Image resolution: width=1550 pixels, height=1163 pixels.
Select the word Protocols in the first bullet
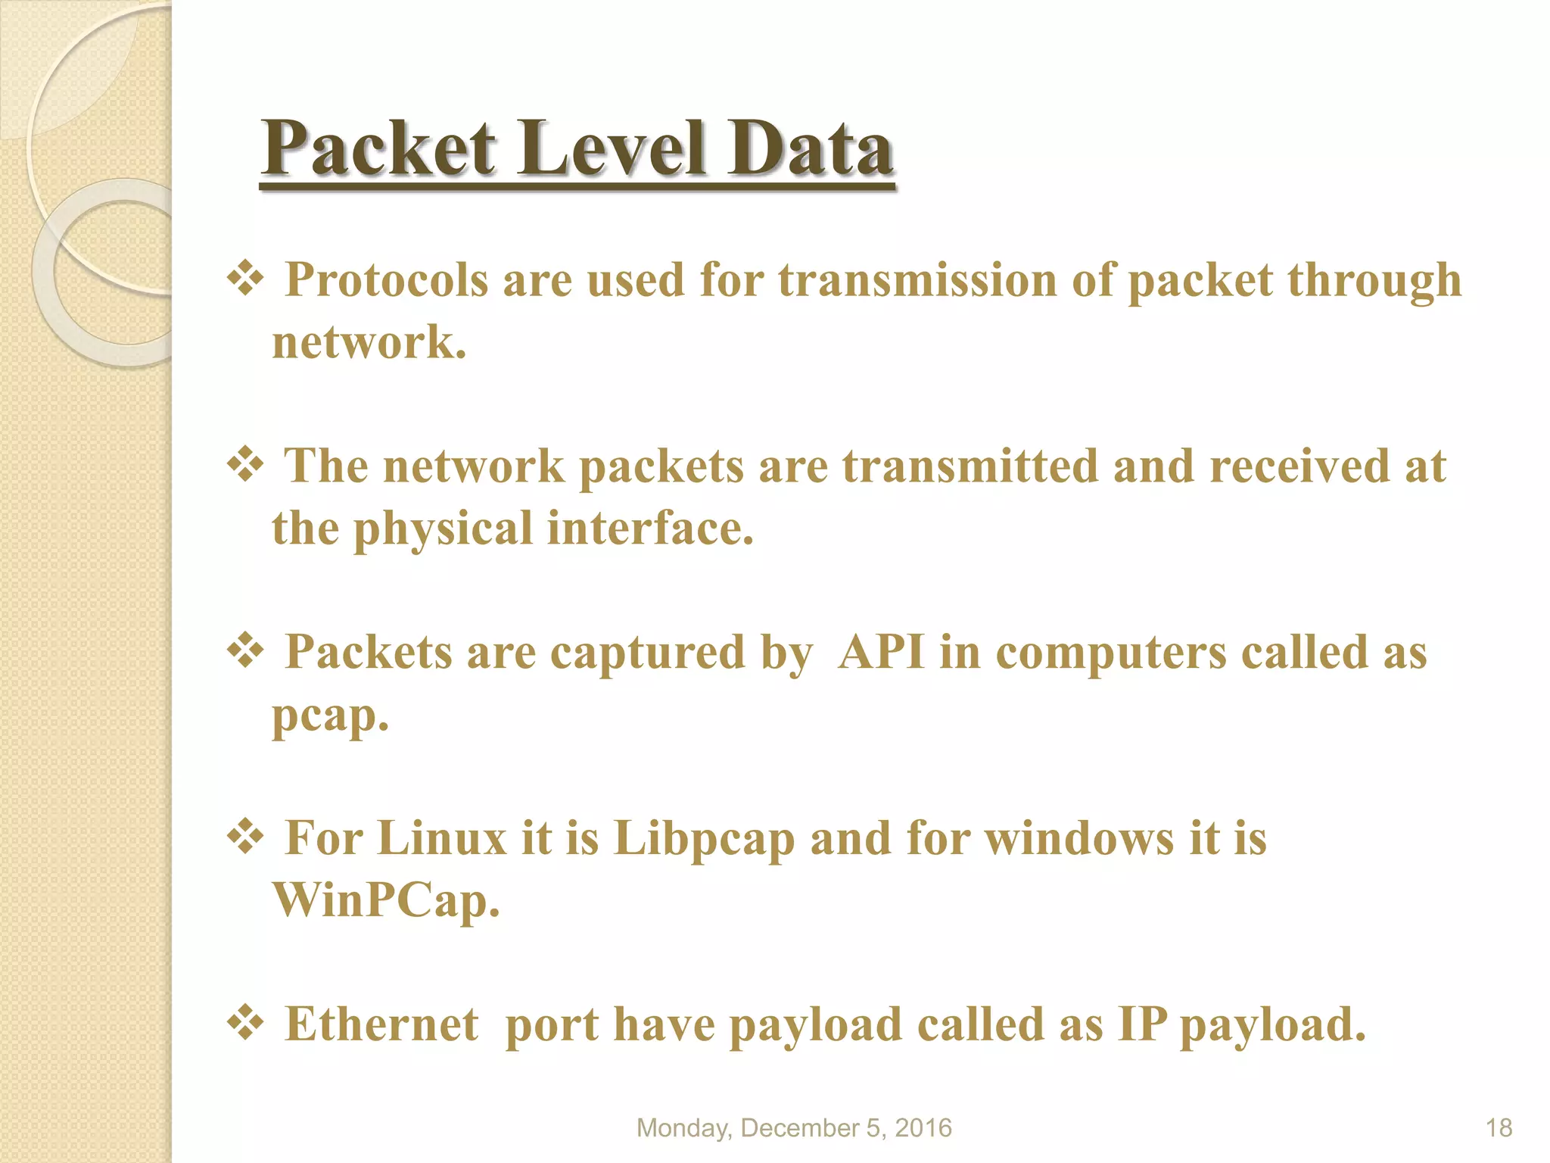387,280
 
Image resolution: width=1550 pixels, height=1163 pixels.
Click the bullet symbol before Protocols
245,279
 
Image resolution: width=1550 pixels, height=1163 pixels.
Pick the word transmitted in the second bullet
970,466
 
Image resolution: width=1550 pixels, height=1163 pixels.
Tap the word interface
650,528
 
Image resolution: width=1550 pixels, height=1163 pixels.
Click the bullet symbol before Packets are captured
245,650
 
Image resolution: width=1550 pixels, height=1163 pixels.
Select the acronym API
881,652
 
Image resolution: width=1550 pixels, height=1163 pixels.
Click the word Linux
442,838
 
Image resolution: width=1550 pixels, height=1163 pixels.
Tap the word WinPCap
385,901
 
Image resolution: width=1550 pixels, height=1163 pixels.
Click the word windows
1079,838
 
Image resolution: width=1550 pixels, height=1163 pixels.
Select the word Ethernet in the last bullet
381,1024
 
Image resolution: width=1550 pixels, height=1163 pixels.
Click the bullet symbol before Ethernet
245,1023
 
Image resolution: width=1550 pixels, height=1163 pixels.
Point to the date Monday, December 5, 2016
794,1128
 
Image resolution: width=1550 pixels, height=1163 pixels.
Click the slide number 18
1499,1128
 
